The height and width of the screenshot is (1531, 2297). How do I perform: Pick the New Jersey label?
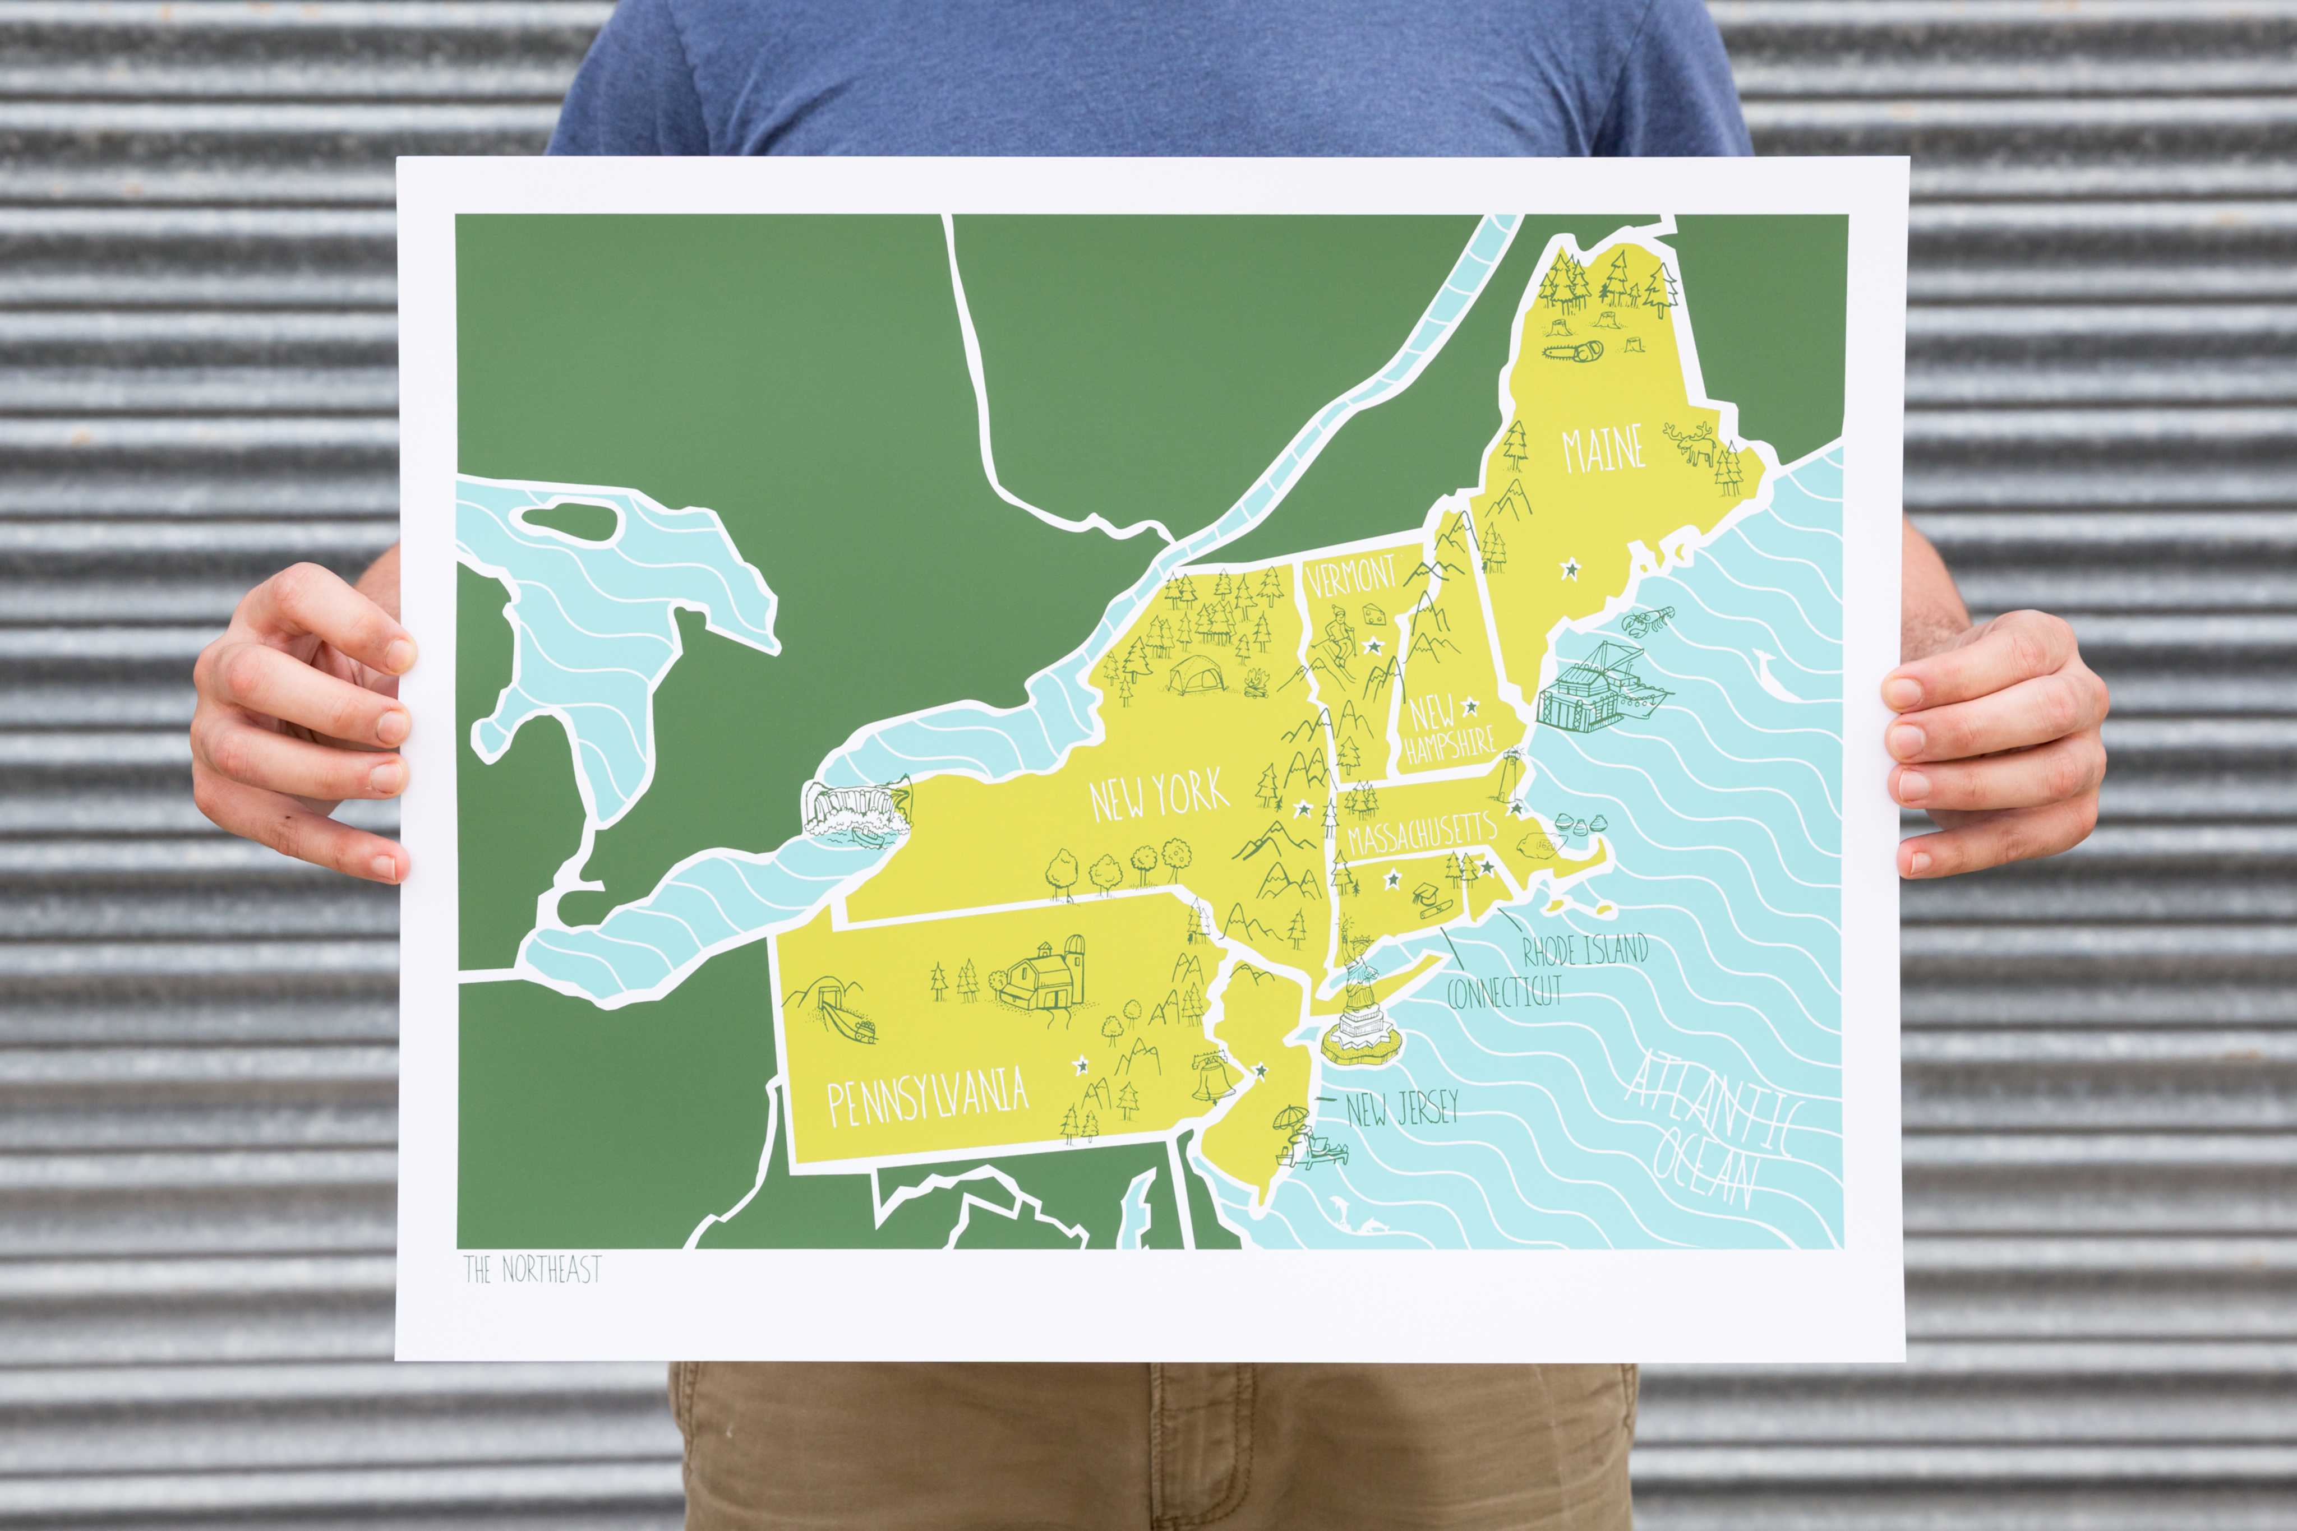coord(1401,1108)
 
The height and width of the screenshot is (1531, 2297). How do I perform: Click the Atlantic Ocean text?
coord(1709,1132)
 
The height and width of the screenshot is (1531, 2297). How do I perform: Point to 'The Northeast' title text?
coord(532,1269)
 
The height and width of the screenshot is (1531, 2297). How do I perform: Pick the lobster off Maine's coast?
coord(1649,619)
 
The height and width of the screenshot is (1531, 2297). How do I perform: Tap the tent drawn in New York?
coord(1196,674)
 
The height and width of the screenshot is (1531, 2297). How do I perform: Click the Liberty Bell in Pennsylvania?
coord(1211,1077)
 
